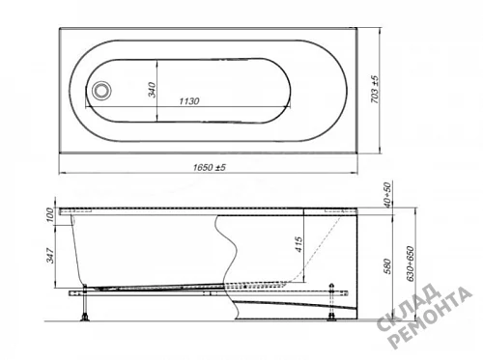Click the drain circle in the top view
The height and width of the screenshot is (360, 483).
[102, 90]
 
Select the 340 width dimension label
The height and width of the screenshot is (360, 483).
[152, 90]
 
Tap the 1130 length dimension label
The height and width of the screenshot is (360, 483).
[189, 101]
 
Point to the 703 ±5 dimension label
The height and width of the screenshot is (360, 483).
[375, 90]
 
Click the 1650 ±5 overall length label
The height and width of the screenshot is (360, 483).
[210, 167]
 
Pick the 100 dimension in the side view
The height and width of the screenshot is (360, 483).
[49, 214]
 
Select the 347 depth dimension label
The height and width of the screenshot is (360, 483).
[50, 256]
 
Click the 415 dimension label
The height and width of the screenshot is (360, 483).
[299, 244]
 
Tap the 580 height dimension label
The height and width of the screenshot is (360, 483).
[387, 266]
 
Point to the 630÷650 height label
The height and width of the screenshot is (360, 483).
[411, 263]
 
